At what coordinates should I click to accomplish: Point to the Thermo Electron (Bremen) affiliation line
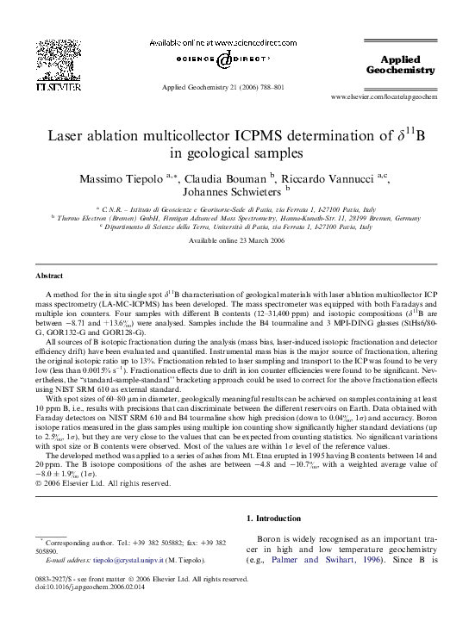[234, 218]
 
